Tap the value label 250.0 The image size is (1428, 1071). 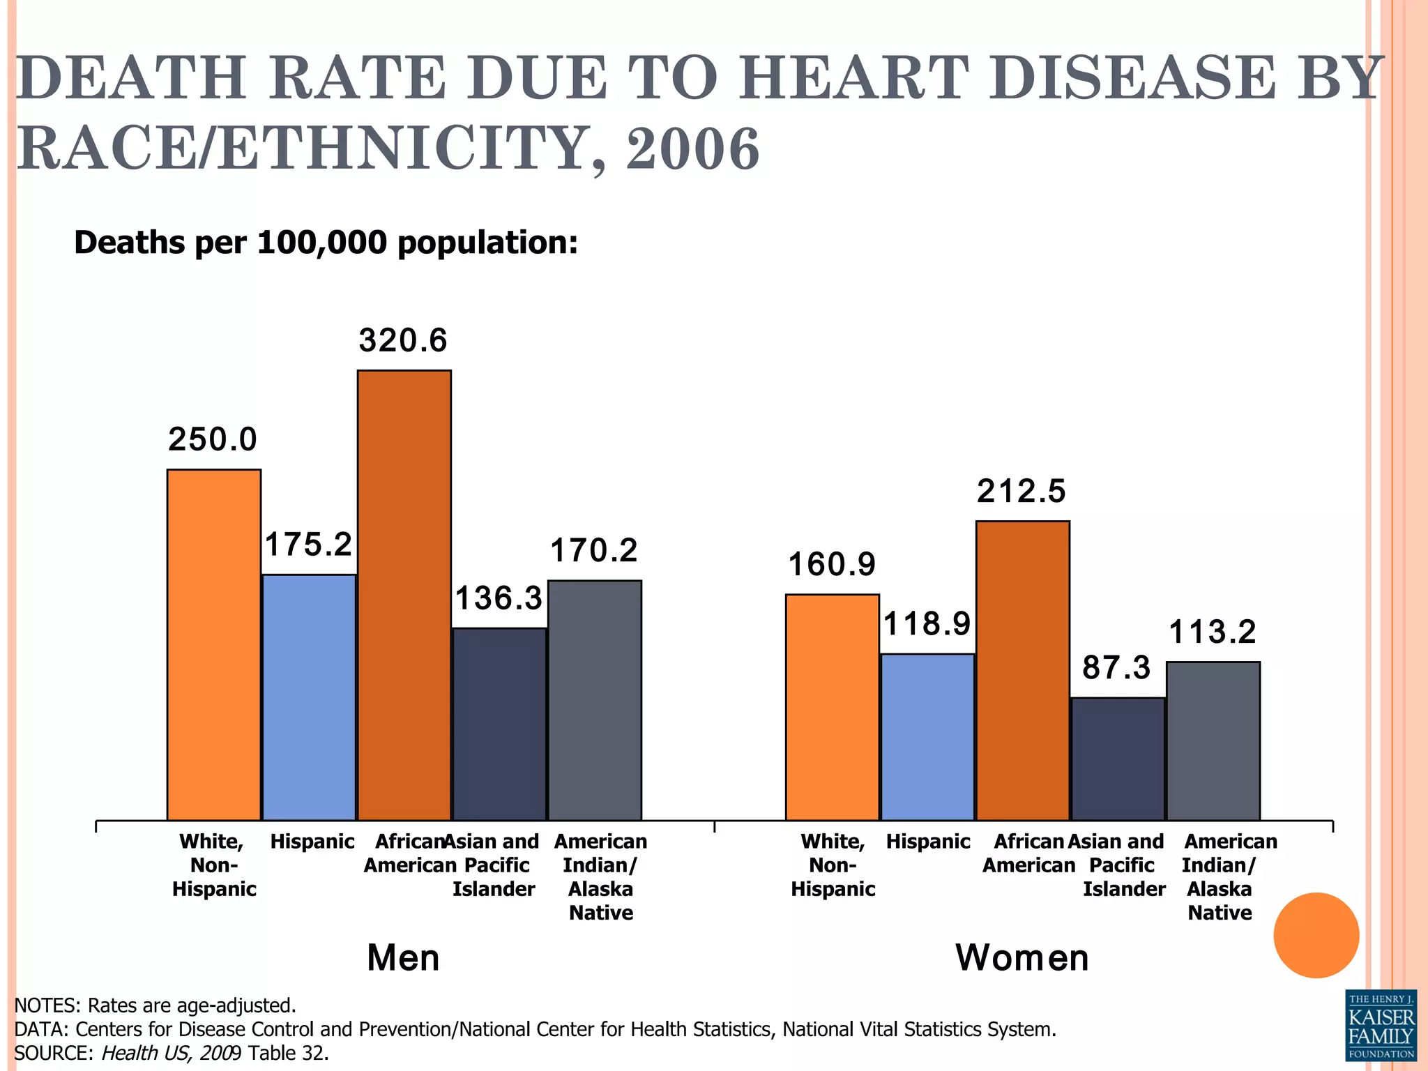213,440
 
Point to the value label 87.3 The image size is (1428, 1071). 1116,668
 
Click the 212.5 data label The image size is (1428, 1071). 1021,491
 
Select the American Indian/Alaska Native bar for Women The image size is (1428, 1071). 1213,740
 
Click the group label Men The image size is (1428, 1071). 403,958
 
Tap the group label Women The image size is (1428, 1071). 1021,958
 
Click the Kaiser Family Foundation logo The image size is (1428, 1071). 1381,1024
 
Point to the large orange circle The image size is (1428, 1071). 1316,935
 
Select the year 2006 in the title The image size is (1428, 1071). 692,149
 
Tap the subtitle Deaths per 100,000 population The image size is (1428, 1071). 326,243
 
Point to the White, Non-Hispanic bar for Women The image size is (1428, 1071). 832,707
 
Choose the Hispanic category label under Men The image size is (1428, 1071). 312,842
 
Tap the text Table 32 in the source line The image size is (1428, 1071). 287,1053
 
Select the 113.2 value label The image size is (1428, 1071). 1212,632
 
